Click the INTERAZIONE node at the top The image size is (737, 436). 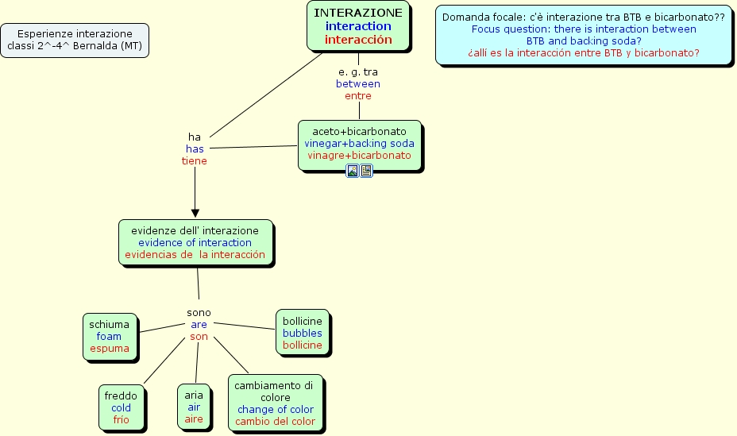pyautogui.click(x=358, y=25)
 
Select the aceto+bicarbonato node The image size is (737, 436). pyautogui.click(x=359, y=143)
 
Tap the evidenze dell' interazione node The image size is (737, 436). pyautogui.click(x=195, y=242)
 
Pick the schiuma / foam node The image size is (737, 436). pyautogui.click(x=110, y=336)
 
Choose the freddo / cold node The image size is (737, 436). pyautogui.click(x=121, y=407)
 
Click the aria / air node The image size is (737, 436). pyautogui.click(x=194, y=407)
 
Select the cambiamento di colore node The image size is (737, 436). pyautogui.click(x=275, y=403)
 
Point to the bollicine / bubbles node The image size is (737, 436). pyautogui.click(x=303, y=333)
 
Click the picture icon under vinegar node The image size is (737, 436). pyautogui.click(x=353, y=171)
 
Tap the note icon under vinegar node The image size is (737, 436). pyautogui.click(x=366, y=171)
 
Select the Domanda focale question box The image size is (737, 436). pyautogui.click(x=583, y=35)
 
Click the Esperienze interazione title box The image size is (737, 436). pyautogui.click(x=75, y=40)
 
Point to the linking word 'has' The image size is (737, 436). pyautogui.click(x=195, y=149)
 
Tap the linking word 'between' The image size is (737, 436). pyautogui.click(x=358, y=83)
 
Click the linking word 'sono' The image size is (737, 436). pyautogui.click(x=199, y=313)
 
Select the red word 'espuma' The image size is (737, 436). pyautogui.click(x=109, y=348)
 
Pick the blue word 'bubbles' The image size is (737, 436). pyautogui.click(x=303, y=333)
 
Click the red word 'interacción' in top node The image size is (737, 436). pyautogui.click(x=358, y=39)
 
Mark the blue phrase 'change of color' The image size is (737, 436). pyautogui.click(x=275, y=409)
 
